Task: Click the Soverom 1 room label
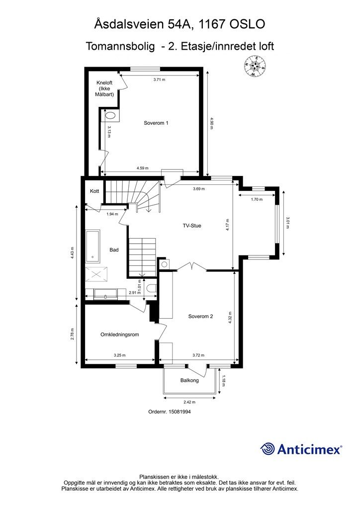[156, 123]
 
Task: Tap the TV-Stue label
[192, 226]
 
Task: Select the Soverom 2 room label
[200, 316]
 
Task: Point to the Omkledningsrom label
[120, 335]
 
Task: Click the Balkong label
[189, 380]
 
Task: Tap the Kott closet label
[94, 191]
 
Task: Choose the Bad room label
[114, 250]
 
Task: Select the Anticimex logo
[301, 449]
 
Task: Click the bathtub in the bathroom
[93, 246]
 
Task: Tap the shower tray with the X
[96, 274]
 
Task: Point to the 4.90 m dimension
[211, 123]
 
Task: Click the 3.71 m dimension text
[160, 80]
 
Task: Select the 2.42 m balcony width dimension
[189, 402]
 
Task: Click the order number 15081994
[170, 412]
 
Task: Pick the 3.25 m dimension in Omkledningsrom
[119, 355]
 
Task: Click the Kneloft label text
[104, 83]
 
